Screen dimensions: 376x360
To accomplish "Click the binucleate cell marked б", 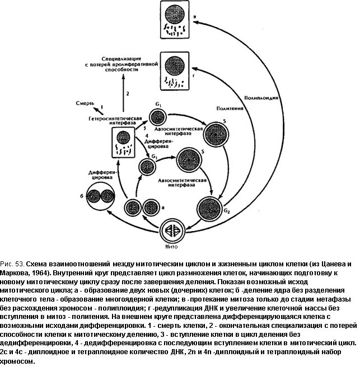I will (100, 197).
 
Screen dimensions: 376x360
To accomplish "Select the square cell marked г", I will (175, 72).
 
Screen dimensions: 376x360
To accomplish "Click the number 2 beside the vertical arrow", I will (128, 93).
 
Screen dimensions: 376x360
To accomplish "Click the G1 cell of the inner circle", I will (148, 166).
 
